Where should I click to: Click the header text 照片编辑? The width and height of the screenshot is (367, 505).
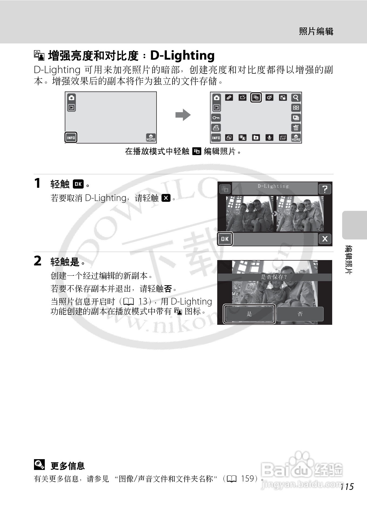click(316, 31)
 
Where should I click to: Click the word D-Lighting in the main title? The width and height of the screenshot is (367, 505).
click(182, 56)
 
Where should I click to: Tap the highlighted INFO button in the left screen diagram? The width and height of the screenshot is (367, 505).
click(71, 138)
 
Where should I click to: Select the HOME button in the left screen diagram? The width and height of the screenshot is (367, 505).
click(151, 138)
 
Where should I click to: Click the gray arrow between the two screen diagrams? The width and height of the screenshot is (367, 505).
click(183, 115)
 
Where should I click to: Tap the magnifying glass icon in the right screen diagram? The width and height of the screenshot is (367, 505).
click(296, 98)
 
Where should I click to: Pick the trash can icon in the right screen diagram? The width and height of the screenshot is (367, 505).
click(296, 128)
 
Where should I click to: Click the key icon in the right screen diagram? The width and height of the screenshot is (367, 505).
click(216, 118)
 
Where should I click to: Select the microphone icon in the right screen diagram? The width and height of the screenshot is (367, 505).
click(269, 138)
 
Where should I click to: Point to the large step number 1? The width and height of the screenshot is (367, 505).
click(37, 183)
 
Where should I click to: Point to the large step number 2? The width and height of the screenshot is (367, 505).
click(38, 261)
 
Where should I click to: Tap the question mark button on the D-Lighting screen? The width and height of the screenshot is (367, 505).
click(325, 189)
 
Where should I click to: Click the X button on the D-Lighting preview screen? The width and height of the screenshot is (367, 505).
click(325, 239)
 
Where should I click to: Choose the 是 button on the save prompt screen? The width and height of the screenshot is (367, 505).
click(249, 314)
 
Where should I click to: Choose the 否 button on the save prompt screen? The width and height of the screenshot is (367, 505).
click(300, 314)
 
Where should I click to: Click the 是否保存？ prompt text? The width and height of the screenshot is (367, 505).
click(274, 277)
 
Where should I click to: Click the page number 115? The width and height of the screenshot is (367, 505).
click(347, 487)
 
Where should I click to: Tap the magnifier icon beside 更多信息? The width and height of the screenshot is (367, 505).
click(39, 465)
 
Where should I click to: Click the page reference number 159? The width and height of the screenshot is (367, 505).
click(248, 479)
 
